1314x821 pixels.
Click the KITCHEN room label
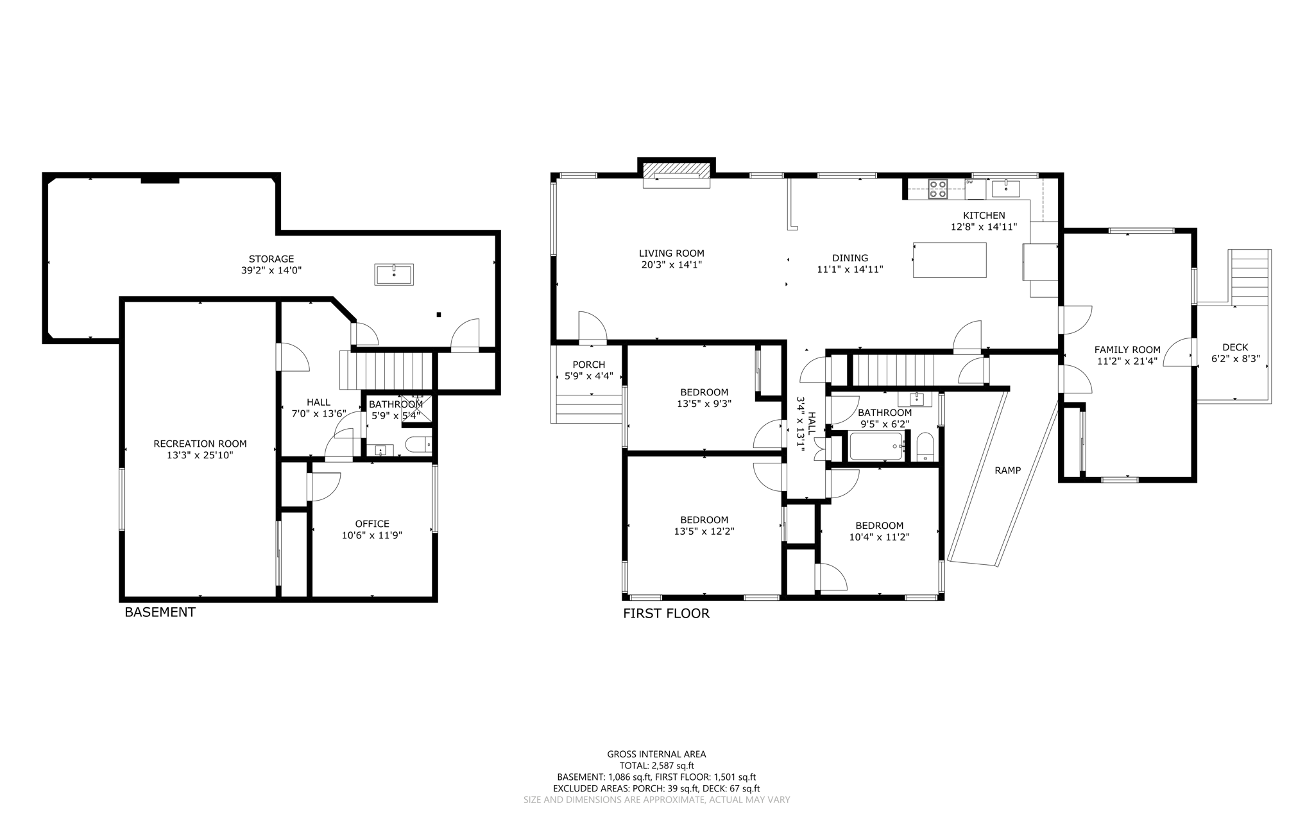click(984, 216)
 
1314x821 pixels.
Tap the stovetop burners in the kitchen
click(937, 189)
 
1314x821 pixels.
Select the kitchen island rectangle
click(950, 260)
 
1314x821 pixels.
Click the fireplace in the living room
click(676, 171)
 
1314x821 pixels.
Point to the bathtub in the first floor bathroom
click(876, 446)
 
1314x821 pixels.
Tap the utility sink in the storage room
click(394, 274)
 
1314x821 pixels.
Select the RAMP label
click(1007, 471)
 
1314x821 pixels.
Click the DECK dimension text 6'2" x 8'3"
click(1235, 359)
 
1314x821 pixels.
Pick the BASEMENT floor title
click(160, 612)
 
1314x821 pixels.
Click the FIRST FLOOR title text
click(666, 614)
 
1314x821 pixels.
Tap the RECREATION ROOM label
click(200, 444)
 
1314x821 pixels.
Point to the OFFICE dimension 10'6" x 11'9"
click(372, 535)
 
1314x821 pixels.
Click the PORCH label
click(588, 365)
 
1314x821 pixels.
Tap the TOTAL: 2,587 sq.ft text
click(656, 766)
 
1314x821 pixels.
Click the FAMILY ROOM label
click(1127, 350)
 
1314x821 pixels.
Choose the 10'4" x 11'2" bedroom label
click(879, 537)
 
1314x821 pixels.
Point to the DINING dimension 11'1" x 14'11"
click(850, 270)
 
